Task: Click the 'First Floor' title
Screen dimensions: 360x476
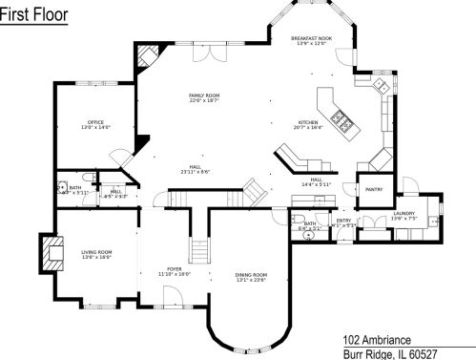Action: click(33, 16)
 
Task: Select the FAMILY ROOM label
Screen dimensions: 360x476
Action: click(204, 95)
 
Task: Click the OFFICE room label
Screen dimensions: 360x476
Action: click(94, 122)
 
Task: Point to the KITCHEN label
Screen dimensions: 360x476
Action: click(308, 122)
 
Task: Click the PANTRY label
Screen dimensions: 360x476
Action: click(373, 189)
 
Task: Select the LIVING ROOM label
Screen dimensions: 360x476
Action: click(96, 252)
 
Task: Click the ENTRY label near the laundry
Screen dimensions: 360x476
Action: click(343, 221)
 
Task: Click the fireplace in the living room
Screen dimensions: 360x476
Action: click(45, 251)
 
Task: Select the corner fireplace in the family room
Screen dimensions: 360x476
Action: click(144, 57)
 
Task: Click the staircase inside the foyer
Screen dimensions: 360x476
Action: click(198, 251)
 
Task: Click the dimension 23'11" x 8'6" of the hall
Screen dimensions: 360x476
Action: click(195, 172)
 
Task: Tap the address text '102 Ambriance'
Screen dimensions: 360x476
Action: click(377, 339)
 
